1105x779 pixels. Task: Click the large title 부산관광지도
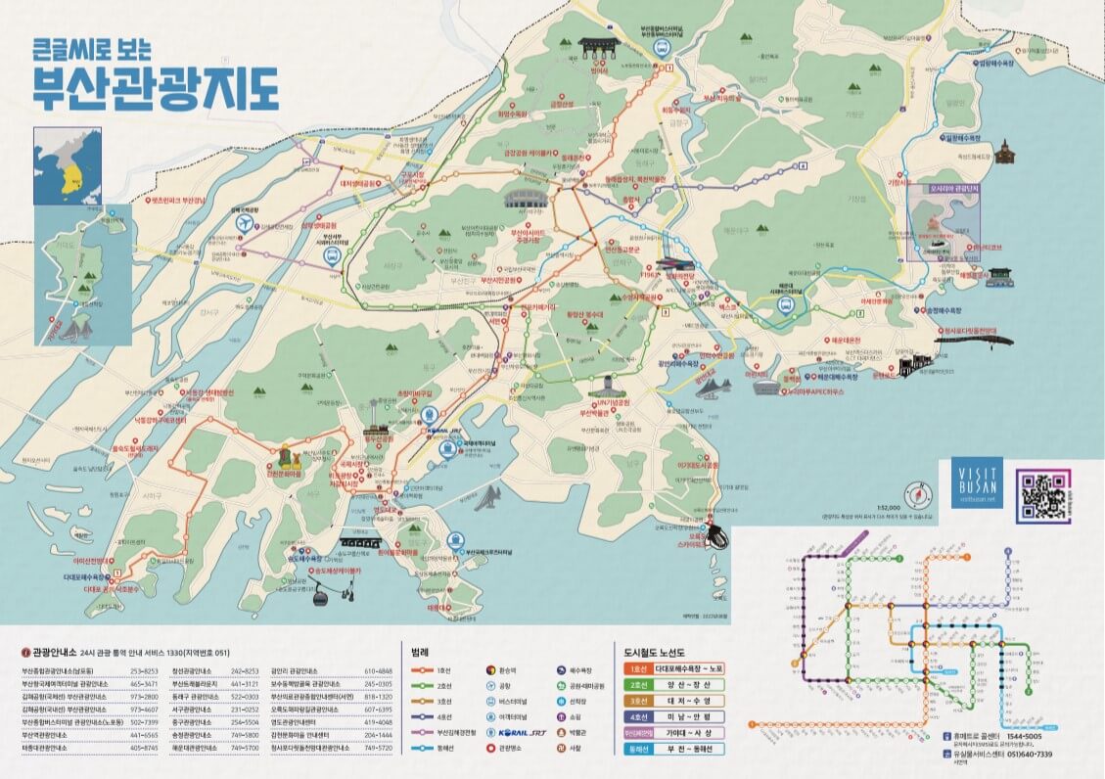tap(155, 88)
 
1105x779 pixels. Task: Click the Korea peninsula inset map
tap(67, 165)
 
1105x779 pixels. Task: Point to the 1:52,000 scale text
tap(888, 507)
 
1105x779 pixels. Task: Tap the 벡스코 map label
tap(727, 307)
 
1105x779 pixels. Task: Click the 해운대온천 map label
tap(845, 339)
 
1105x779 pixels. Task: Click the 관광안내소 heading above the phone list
tap(53, 650)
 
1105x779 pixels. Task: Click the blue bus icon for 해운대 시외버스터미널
tap(785, 304)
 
